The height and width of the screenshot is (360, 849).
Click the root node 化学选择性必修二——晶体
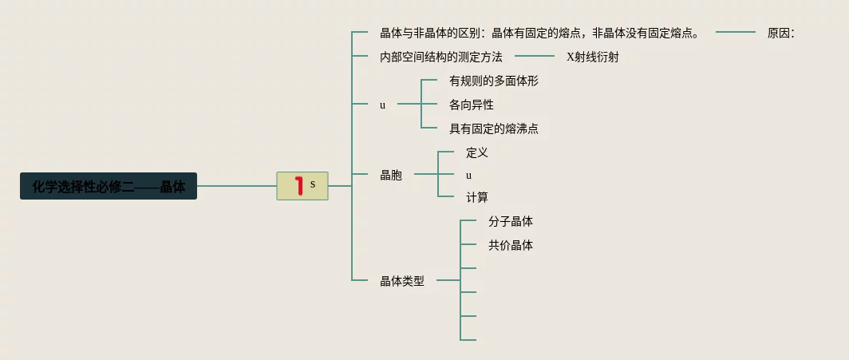(109, 187)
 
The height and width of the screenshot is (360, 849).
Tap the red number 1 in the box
(299, 186)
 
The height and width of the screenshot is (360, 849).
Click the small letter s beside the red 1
(313, 184)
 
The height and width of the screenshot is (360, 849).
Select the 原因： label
(780, 33)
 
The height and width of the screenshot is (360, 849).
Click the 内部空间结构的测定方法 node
(440, 57)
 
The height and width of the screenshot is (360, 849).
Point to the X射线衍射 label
(592, 57)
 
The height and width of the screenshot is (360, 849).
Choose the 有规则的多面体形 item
(494, 81)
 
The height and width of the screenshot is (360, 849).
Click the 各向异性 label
(471, 105)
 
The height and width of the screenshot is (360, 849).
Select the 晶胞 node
(391, 175)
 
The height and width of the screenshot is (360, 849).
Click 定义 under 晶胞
(476, 152)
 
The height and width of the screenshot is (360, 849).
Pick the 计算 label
(476, 197)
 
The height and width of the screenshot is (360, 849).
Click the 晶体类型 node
(402, 281)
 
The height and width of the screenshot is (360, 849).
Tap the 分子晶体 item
(510, 222)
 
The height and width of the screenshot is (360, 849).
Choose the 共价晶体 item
(510, 246)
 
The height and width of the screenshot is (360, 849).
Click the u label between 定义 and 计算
(469, 175)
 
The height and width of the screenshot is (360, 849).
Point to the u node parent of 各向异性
(382, 105)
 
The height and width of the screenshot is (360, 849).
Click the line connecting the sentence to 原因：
(735, 33)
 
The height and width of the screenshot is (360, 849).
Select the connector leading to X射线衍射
(534, 56)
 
